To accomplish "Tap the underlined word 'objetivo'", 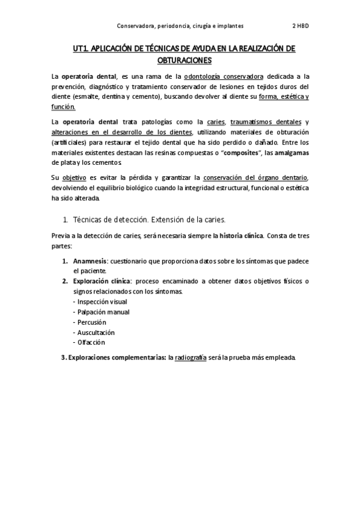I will [75, 178].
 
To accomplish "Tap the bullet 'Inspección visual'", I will [101, 301].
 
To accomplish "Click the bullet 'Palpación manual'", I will [102, 312].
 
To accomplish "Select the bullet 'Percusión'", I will [91, 322].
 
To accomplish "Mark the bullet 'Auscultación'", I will [95, 332].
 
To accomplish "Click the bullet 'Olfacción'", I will [90, 342].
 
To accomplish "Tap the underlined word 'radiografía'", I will [191, 357].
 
